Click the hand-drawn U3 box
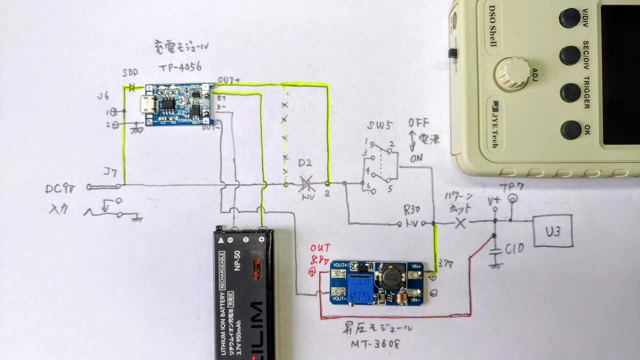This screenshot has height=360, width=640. (552, 230)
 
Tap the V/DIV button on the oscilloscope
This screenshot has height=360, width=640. (569, 18)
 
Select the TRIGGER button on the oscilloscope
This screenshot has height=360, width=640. (570, 92)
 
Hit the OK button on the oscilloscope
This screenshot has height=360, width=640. (570, 129)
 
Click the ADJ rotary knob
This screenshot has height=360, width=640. (512, 73)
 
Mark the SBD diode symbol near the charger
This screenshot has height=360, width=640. (133, 87)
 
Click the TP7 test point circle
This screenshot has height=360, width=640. (511, 200)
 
